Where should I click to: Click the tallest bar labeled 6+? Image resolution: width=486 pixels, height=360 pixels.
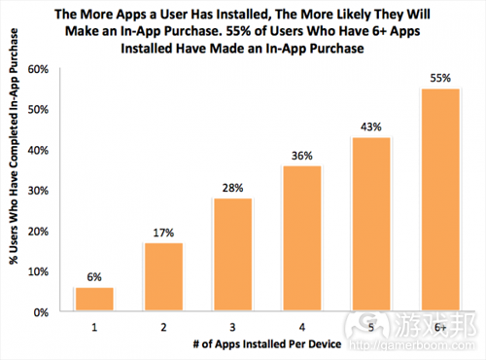(440, 200)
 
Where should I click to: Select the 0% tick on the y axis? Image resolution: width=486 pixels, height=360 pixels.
(40, 312)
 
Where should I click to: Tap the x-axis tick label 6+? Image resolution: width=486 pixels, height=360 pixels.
(440, 328)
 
